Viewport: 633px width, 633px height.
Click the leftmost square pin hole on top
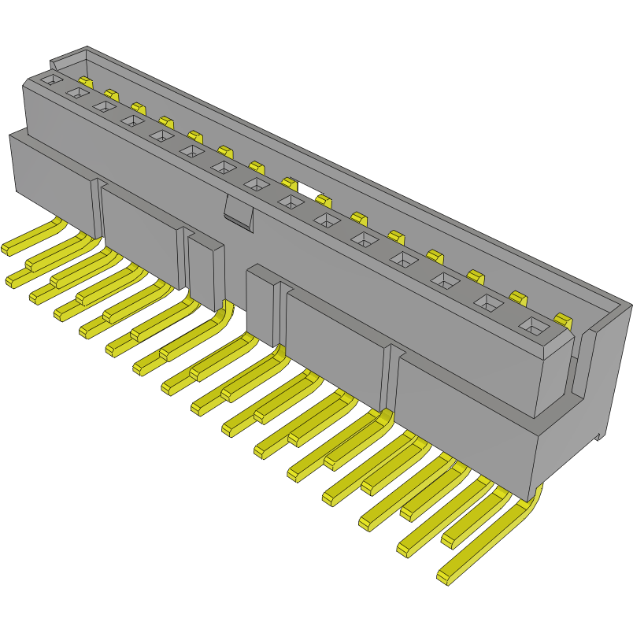click(x=50, y=80)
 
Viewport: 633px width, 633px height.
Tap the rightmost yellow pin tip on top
click(x=563, y=319)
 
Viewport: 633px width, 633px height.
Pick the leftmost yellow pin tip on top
click(x=86, y=81)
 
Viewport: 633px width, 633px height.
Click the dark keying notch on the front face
click(x=238, y=213)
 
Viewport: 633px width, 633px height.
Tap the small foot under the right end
click(x=602, y=434)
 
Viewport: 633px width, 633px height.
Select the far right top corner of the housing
click(x=629, y=304)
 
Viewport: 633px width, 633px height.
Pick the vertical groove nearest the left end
click(x=98, y=209)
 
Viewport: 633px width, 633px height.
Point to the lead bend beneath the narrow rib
click(x=224, y=319)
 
